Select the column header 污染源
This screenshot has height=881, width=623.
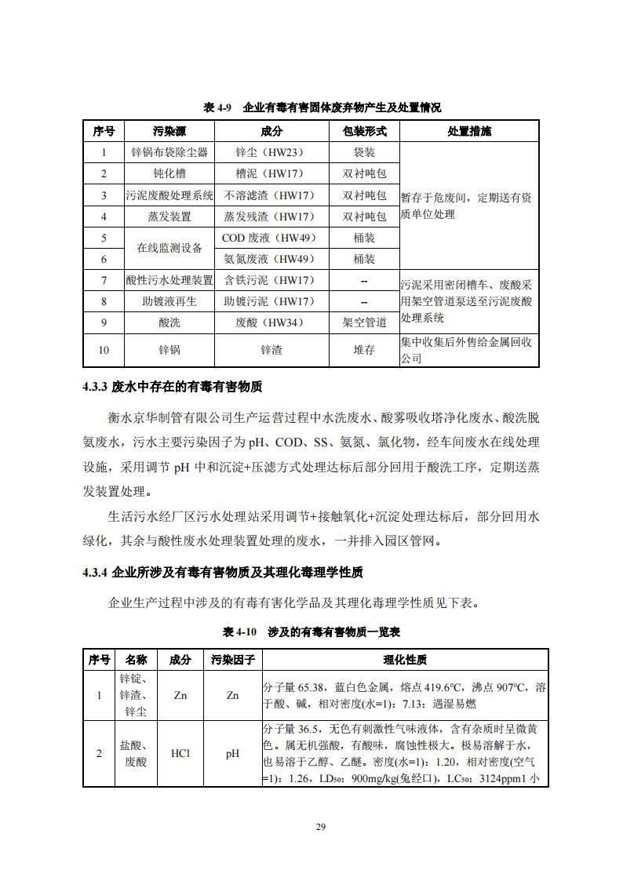[169, 131]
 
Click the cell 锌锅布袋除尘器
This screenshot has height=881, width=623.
[169, 152]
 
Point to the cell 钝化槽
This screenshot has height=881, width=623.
[169, 173]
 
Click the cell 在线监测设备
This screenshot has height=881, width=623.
[169, 248]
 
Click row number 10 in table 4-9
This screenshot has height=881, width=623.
[104, 350]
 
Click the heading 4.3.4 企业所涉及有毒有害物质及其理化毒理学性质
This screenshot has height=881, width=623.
[222, 572]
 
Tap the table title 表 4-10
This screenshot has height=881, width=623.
[311, 631]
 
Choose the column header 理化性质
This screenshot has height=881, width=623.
[404, 660]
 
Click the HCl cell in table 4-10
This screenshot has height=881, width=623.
[180, 753]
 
